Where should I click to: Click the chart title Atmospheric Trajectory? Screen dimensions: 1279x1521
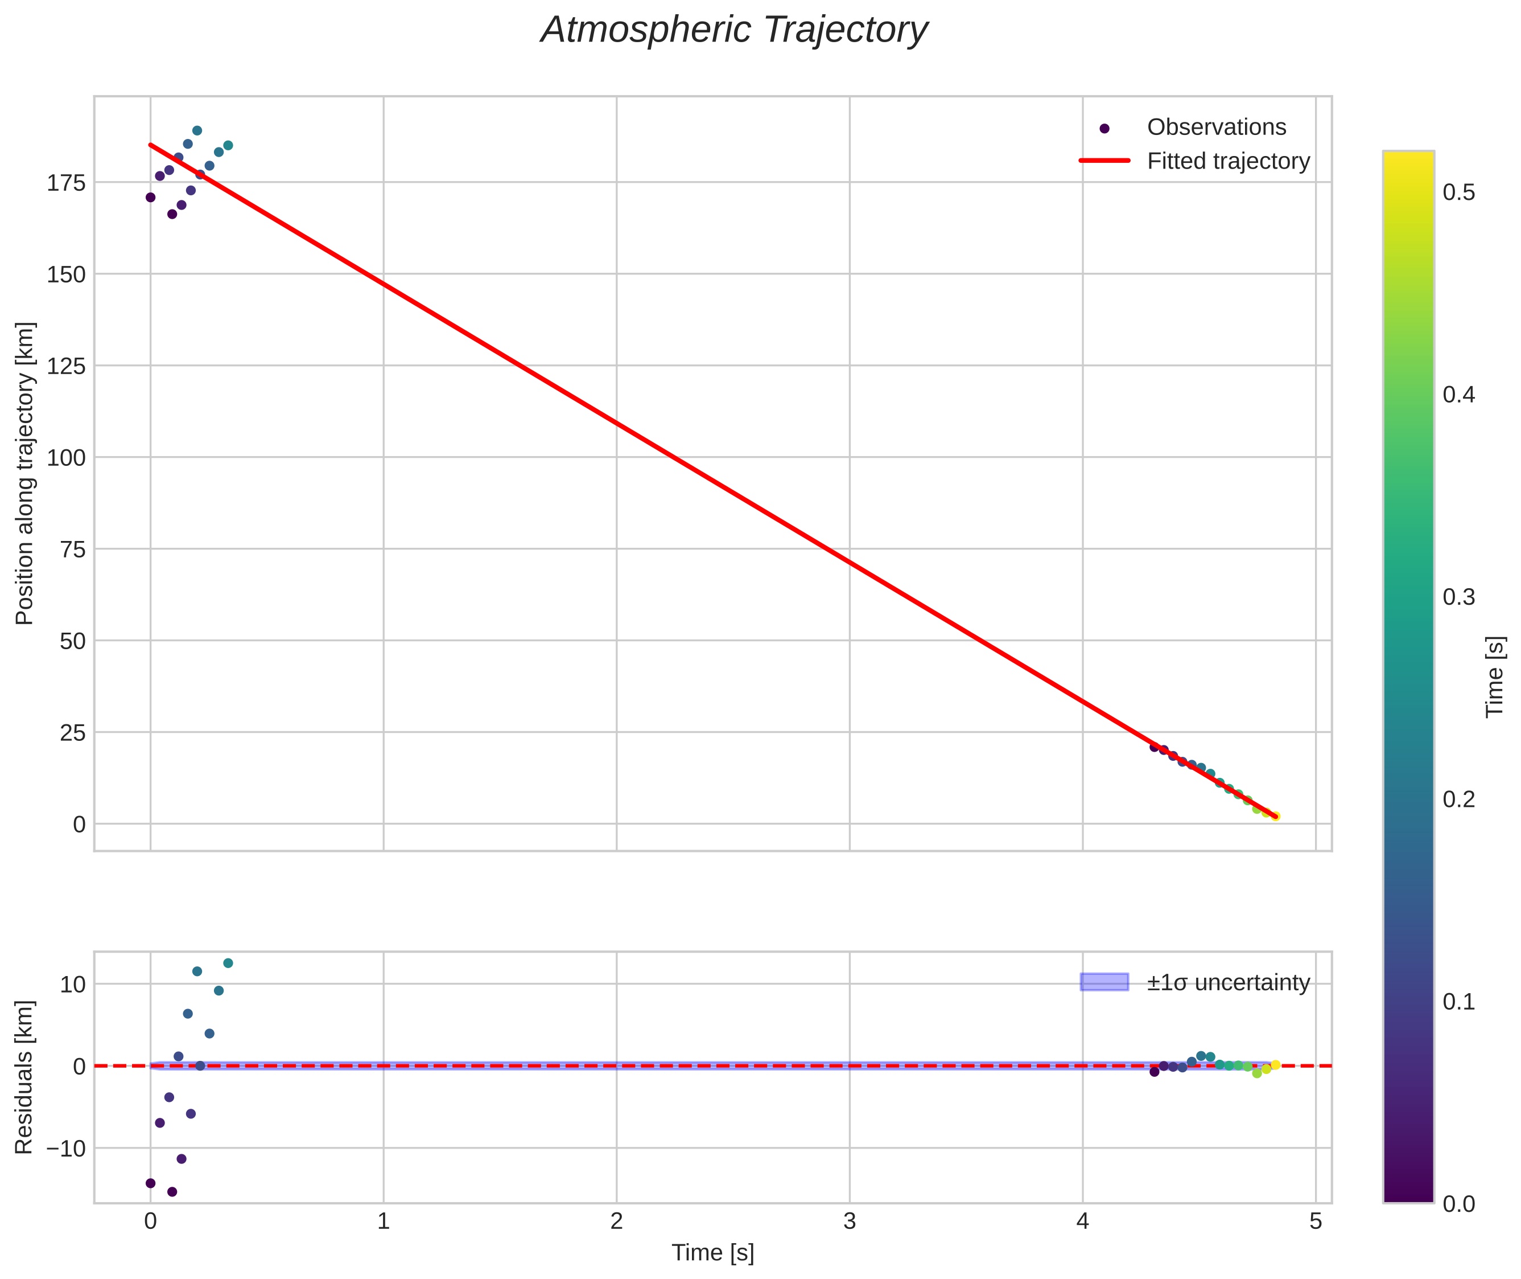tap(733, 30)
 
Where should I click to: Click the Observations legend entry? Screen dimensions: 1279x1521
tap(1215, 128)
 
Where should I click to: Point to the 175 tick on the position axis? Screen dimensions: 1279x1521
tap(66, 183)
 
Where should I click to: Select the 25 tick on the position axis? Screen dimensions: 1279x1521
tap(72, 733)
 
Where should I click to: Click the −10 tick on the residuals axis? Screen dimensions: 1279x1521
tap(66, 1149)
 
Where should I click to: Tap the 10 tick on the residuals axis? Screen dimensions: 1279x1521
tap(72, 985)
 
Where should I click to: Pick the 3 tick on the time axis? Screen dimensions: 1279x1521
tap(849, 1221)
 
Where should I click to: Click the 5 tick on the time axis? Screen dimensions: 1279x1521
tap(1315, 1221)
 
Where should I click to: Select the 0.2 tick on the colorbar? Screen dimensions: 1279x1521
tap(1458, 799)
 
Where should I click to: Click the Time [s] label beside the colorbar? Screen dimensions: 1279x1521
tap(1495, 677)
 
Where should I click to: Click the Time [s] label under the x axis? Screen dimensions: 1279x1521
tap(712, 1253)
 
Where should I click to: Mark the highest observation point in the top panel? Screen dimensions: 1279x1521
tap(197, 130)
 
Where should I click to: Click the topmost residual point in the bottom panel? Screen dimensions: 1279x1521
tap(228, 963)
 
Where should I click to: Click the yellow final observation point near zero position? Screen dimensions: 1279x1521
tap(1275, 817)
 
